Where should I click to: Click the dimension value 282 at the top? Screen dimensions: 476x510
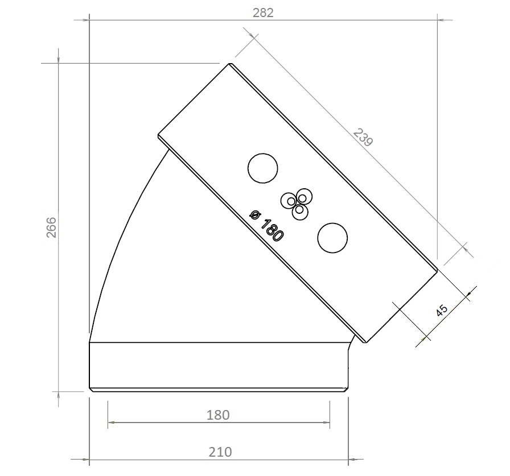(x=264, y=13)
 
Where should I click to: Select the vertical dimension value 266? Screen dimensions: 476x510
(x=51, y=227)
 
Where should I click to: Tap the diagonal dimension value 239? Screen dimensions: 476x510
(x=363, y=138)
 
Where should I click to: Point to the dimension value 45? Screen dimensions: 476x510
(x=442, y=310)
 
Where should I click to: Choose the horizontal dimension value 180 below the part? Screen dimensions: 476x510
(x=219, y=415)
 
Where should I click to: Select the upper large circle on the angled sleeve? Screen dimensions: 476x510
(x=263, y=168)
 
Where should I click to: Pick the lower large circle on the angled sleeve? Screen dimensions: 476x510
(x=332, y=238)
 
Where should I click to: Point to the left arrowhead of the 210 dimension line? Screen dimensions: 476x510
(x=93, y=458)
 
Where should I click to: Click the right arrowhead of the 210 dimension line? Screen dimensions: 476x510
(x=345, y=458)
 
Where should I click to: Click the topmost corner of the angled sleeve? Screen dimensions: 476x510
(x=231, y=64)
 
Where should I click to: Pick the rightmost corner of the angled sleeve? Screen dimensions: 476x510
(x=438, y=271)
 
